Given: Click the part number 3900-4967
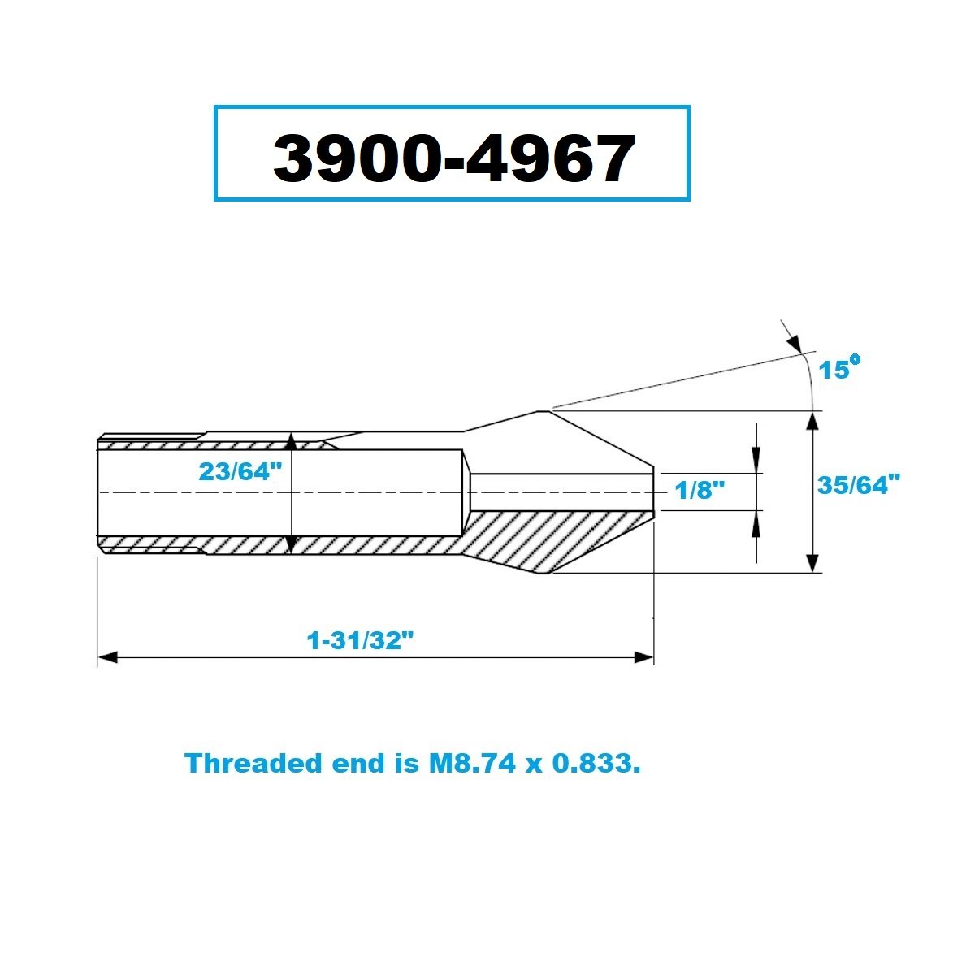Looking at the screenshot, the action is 454,158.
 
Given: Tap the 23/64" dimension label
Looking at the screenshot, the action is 240,472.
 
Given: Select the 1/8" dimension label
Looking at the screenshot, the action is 700,490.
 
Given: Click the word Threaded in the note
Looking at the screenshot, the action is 253,763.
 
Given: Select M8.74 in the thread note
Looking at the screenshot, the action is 472,763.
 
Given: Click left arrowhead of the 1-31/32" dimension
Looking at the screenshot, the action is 107,658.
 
